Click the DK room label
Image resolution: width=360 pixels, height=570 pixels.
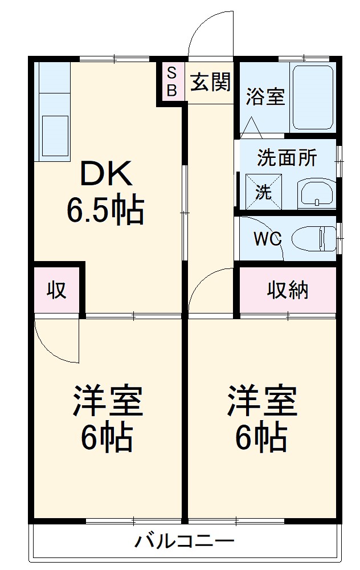107,174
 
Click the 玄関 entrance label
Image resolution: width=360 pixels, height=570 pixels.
210,83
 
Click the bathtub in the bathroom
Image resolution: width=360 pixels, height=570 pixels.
313,97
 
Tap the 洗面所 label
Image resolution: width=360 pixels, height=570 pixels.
287,158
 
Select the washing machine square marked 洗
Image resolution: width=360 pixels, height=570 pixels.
263,192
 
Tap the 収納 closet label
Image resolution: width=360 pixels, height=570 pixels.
288,290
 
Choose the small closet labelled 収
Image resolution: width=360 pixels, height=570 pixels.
56,290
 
